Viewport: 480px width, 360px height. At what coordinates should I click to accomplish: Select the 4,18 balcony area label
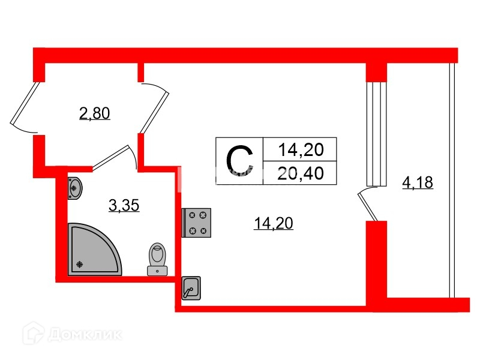(x=417, y=182)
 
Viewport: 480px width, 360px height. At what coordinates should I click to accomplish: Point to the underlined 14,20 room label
(x=273, y=224)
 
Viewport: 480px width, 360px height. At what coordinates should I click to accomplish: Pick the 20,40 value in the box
(x=302, y=173)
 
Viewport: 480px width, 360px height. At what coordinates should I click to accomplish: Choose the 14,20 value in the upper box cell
(x=302, y=148)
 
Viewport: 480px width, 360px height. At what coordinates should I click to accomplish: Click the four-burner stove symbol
(x=197, y=222)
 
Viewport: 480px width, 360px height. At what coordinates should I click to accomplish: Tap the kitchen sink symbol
(x=191, y=289)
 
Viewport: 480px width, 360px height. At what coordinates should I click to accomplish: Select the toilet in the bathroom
(x=157, y=259)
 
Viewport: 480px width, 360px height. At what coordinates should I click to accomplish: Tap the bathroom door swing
(x=117, y=157)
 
